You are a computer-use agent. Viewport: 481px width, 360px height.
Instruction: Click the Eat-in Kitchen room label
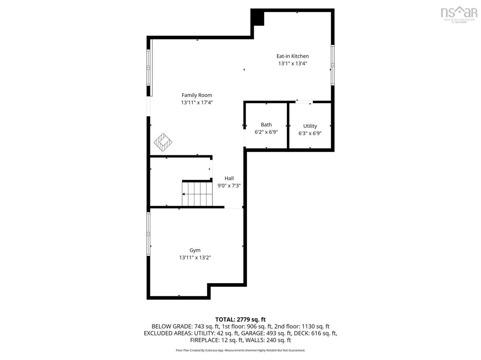coord(293,56)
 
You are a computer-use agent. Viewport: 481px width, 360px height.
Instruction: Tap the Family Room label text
coord(197,95)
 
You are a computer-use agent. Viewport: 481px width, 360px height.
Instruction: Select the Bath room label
coord(266,125)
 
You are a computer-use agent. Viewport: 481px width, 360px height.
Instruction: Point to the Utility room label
coord(310,126)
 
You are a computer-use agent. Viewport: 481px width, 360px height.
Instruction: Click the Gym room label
coord(195,250)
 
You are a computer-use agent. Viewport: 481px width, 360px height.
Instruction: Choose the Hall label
coord(229,178)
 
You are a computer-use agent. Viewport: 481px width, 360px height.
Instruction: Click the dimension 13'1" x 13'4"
coord(293,64)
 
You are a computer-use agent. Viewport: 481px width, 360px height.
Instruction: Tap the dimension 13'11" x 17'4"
coord(197,103)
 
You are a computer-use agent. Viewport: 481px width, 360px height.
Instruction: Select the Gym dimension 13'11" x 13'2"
coord(195,257)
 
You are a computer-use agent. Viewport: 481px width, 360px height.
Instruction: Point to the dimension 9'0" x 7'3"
coord(229,186)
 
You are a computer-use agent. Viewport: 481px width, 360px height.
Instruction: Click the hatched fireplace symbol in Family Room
coord(163,142)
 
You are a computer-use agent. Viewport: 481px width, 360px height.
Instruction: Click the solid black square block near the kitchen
coord(257,18)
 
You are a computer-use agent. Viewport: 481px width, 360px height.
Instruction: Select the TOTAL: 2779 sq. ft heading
coord(240,320)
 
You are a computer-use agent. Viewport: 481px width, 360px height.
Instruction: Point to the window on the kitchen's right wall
coord(332,65)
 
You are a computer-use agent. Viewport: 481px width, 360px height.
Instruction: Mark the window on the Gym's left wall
coord(148,234)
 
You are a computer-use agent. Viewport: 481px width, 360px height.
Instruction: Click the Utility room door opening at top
coord(304,102)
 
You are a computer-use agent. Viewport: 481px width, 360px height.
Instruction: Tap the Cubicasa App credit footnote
coord(240,350)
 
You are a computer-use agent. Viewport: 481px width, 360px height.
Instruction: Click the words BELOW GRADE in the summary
coord(172,326)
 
